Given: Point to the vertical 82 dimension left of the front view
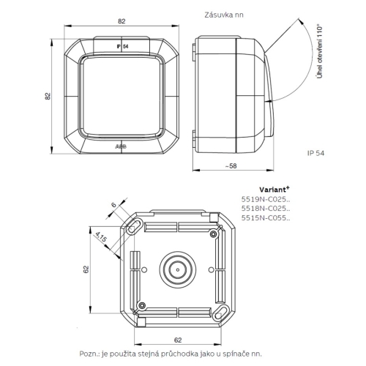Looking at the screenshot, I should [x=48, y=96].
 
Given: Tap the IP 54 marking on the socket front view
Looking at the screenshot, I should [x=122, y=46].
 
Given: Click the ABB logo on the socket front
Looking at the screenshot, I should [x=121, y=146].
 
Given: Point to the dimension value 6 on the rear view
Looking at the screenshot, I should [x=113, y=206].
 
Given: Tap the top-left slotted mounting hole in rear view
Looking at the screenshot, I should [x=135, y=228].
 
